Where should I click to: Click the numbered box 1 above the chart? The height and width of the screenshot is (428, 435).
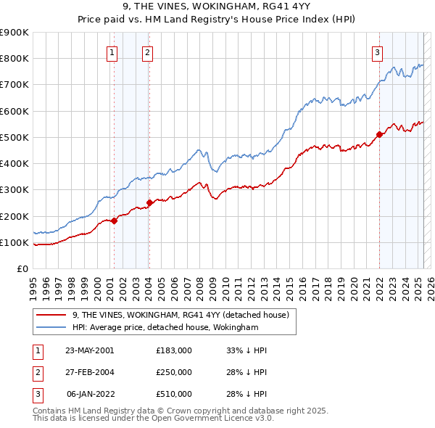(113, 52)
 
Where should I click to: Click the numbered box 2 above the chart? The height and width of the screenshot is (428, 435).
(147, 52)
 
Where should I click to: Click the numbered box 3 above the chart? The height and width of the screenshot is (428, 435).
(378, 52)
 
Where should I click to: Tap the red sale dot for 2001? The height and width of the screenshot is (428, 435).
(115, 221)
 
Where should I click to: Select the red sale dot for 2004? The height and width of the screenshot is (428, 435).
(150, 203)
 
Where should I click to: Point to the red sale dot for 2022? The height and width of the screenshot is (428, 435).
(379, 135)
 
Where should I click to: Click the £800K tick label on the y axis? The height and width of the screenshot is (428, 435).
(14, 59)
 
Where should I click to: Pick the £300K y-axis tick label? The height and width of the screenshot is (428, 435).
(14, 190)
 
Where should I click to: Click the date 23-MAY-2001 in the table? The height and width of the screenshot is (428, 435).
(89, 350)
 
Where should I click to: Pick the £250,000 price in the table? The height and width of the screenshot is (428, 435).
(173, 372)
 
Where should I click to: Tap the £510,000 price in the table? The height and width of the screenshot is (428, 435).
(173, 394)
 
